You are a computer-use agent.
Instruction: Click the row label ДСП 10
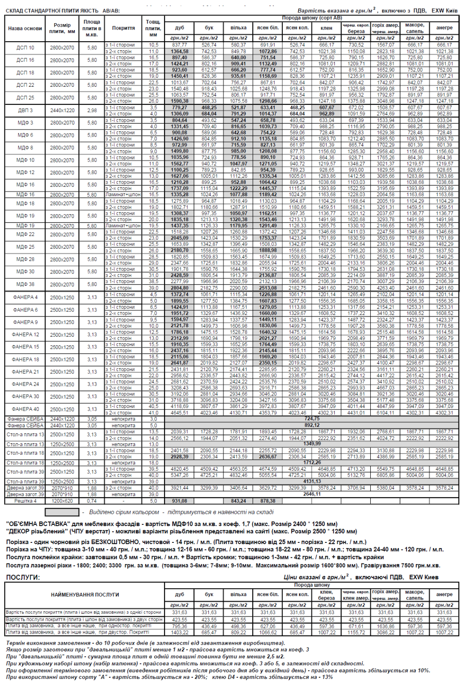point(25,48)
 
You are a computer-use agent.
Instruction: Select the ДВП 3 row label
point(25,110)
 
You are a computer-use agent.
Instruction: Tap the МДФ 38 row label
point(25,284)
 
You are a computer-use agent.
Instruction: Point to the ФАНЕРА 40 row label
point(25,409)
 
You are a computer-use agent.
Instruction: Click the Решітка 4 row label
point(25,501)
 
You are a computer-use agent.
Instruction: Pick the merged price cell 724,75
point(312,419)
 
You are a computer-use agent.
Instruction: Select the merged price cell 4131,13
point(312,481)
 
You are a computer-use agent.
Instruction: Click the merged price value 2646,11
point(312,494)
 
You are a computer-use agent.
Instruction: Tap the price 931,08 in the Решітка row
point(180,501)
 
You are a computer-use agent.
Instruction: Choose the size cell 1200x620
point(62,501)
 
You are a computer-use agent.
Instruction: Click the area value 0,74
point(92,501)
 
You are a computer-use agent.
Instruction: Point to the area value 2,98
point(92,110)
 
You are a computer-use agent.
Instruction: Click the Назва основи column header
point(25,28)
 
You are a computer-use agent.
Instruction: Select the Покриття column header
point(123,28)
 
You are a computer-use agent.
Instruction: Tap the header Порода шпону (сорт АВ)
point(312,18)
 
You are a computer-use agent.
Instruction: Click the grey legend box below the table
point(62,512)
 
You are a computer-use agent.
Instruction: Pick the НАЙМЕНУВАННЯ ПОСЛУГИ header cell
point(85,595)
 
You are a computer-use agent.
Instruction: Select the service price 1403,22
point(180,632)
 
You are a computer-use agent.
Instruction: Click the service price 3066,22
point(385,632)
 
